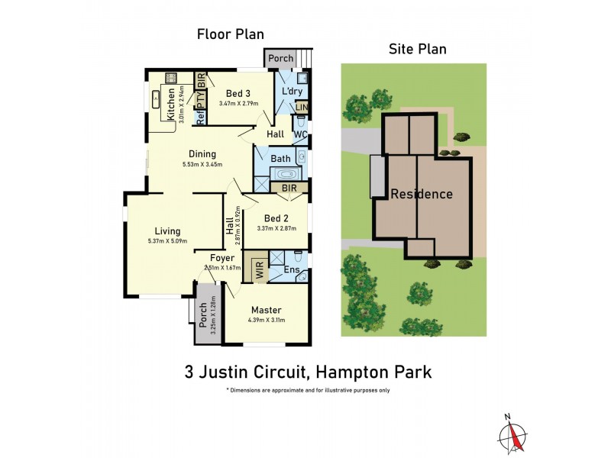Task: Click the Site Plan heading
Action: coord(418,49)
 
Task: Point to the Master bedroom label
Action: coord(264,310)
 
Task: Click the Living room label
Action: coord(167,231)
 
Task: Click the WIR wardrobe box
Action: coord(260,270)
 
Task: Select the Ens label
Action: coord(291,270)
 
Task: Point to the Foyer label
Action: coord(221,258)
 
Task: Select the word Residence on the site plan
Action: coord(422,194)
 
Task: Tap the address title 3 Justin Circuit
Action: coord(308,373)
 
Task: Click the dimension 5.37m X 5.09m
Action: coord(167,242)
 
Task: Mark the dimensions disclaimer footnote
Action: coord(308,390)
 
